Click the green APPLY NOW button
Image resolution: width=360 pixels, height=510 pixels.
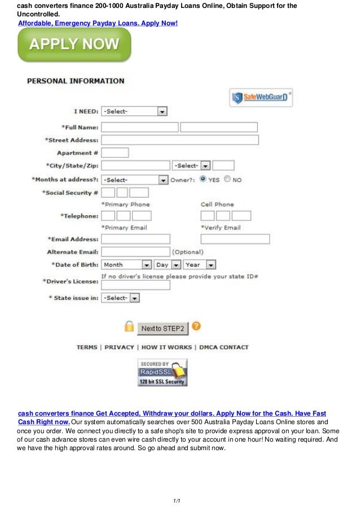(74, 45)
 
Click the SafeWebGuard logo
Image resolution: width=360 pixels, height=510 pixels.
(261, 98)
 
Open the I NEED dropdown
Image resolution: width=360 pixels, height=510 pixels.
(134, 111)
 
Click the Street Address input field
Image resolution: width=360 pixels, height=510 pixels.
(179, 140)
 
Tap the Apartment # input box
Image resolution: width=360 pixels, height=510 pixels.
(115, 152)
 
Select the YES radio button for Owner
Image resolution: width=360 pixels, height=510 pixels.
(203, 179)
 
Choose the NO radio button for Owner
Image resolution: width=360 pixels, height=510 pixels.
(227, 179)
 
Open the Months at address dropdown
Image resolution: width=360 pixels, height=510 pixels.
(134, 180)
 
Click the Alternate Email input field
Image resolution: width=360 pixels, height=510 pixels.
(135, 251)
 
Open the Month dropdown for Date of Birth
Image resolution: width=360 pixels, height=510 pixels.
(126, 264)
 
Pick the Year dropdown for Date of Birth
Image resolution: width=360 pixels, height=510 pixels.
(200, 264)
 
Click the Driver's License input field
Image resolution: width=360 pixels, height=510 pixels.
(135, 285)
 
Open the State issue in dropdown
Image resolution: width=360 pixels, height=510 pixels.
(120, 298)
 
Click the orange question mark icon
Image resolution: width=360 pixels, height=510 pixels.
(196, 326)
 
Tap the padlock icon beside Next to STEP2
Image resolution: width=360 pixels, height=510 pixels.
(129, 327)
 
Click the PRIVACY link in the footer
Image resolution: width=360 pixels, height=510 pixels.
(119, 347)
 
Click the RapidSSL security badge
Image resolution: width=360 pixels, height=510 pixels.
(162, 373)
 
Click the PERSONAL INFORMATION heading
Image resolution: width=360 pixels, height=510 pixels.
(76, 81)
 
